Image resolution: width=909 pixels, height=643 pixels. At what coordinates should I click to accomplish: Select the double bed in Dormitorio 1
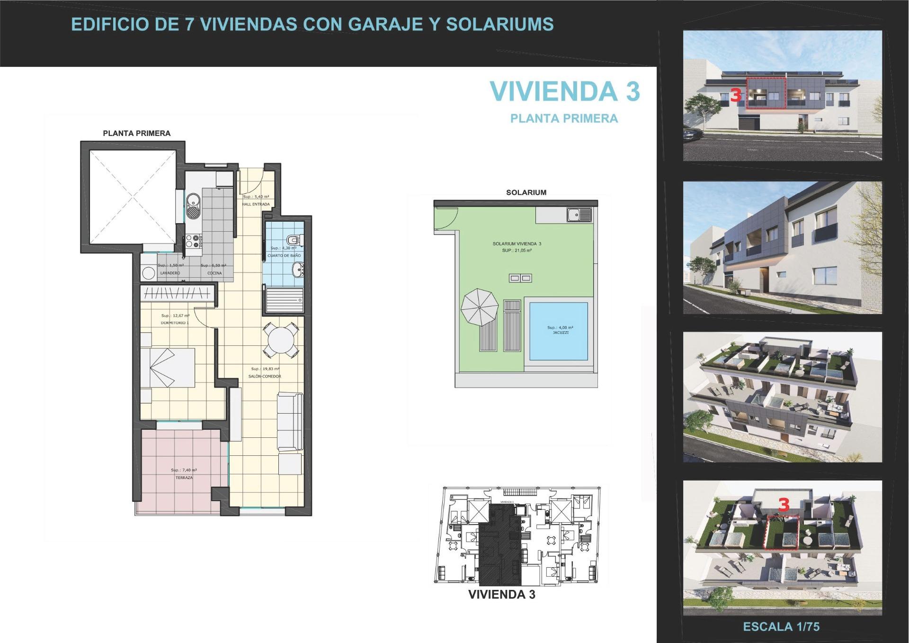(169, 368)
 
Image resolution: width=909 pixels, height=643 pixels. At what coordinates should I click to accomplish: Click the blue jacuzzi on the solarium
(559, 331)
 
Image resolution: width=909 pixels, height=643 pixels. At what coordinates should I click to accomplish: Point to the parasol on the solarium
(479, 307)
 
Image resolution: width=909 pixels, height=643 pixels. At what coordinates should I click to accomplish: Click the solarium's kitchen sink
(579, 215)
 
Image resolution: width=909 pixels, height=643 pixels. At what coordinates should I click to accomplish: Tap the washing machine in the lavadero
(149, 273)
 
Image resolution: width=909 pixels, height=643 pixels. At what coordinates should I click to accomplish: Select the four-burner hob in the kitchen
(194, 241)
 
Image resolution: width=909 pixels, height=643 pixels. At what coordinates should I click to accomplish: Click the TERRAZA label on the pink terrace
(184, 478)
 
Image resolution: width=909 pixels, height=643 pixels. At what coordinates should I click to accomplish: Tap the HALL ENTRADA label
(256, 204)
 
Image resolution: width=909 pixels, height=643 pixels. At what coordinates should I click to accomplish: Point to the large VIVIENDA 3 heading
(564, 91)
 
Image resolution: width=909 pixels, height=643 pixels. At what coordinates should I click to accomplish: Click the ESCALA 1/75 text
(781, 626)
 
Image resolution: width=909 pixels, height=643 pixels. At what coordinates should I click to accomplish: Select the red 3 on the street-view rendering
(735, 95)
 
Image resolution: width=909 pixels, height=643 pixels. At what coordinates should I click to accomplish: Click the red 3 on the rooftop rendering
(784, 505)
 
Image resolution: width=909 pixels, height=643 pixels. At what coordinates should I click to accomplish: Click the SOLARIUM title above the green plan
(526, 192)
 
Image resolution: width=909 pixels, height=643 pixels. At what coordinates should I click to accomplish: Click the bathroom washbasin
(298, 271)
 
